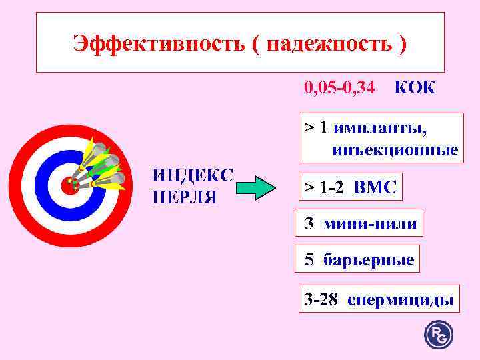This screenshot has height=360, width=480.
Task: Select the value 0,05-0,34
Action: [339, 87]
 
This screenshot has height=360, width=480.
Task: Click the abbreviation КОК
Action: [415, 87]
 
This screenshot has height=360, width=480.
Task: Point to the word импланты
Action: [381, 127]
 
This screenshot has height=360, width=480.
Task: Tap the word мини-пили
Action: [370, 224]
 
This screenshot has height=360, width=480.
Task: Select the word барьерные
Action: [369, 259]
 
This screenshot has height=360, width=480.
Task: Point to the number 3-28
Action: [321, 299]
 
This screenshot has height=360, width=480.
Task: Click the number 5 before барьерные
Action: [309, 259]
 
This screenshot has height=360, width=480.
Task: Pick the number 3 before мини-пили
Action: [309, 224]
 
